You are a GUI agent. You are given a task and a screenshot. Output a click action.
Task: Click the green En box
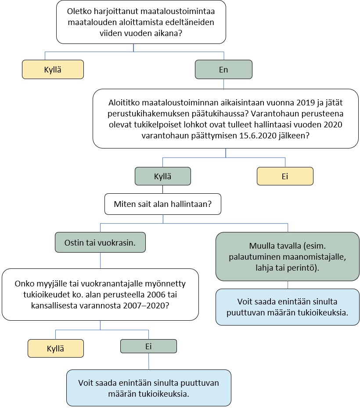point(223,69)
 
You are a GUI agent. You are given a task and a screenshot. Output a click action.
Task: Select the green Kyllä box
point(162,176)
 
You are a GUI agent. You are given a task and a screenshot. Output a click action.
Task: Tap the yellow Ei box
point(284,176)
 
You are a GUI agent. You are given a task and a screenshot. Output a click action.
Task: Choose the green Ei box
point(148,346)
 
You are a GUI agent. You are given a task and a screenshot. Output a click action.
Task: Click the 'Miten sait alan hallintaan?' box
point(162,204)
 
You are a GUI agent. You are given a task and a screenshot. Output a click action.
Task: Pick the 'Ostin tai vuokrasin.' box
point(101,243)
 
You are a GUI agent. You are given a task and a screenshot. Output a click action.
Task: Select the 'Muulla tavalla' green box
point(288,256)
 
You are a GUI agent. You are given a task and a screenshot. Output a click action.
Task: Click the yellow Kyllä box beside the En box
point(53,69)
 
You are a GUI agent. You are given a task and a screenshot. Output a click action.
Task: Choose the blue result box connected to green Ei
point(148,388)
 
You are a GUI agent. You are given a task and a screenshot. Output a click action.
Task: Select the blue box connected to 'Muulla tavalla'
point(288,307)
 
